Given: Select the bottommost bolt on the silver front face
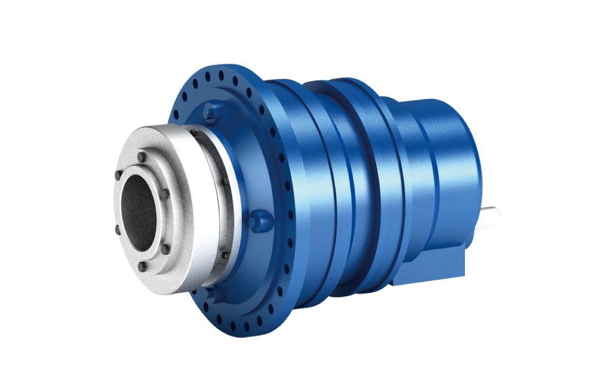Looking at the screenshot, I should pos(141,266).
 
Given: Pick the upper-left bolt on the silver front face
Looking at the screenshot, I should pos(118,176).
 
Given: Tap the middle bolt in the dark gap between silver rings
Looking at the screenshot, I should pos(224,182).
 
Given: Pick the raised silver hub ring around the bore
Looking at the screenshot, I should pos(166,221).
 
